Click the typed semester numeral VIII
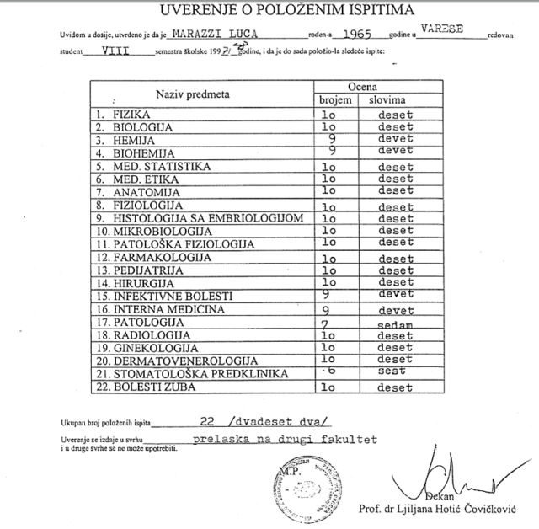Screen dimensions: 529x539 click(115, 51)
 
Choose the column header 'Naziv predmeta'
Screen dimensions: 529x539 click(197, 94)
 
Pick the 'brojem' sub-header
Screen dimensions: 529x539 click(334, 100)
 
